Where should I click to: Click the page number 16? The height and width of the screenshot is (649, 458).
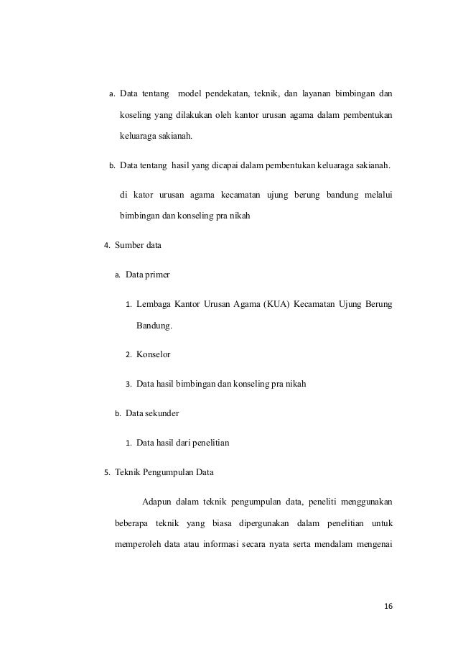[x=388, y=607]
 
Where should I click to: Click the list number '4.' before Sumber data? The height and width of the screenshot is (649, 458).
[x=107, y=246]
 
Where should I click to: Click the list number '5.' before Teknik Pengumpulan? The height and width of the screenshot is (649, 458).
[x=107, y=473]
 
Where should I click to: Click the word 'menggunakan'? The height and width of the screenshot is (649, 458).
[x=364, y=502]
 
